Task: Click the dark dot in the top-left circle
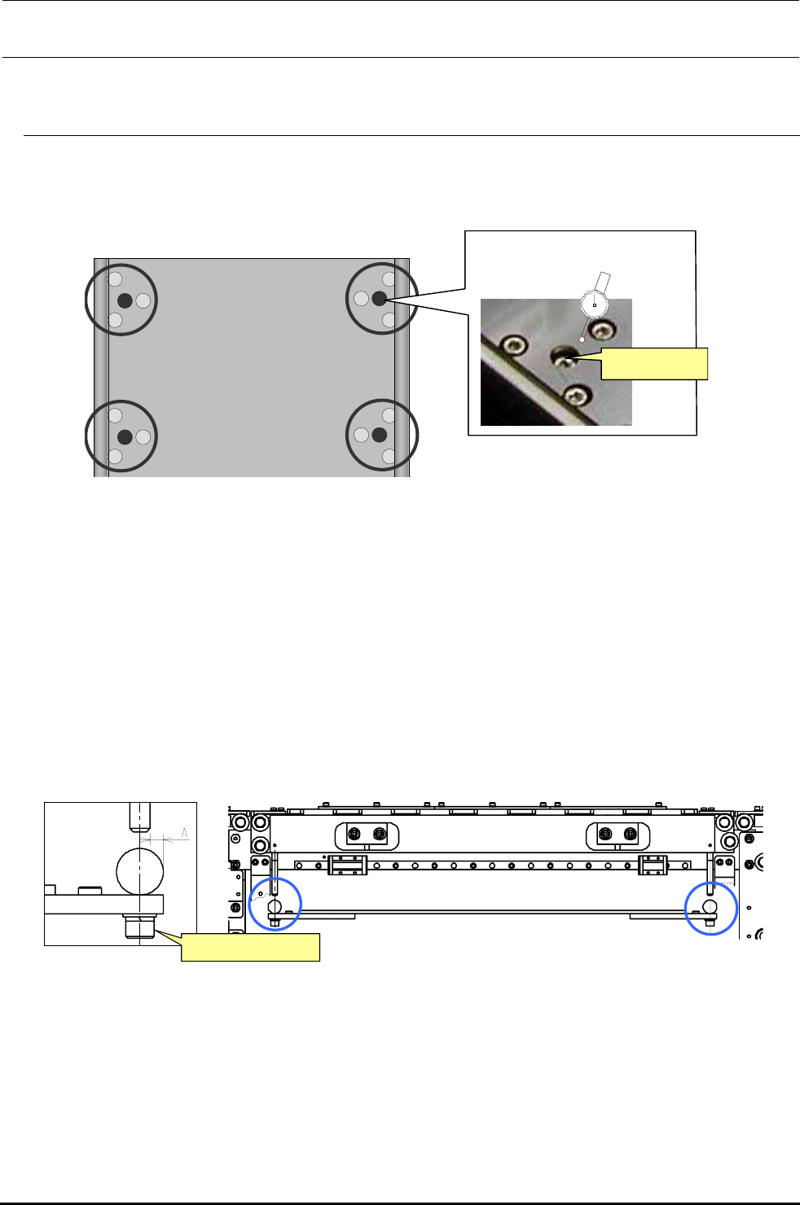click(124, 300)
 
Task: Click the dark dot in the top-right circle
click(379, 299)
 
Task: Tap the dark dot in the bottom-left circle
click(124, 436)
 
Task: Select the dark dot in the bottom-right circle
click(379, 435)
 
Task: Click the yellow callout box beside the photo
click(654, 363)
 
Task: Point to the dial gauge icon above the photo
click(595, 305)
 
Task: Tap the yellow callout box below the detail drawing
click(250, 948)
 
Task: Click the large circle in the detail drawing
click(140, 870)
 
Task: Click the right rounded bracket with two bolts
click(617, 835)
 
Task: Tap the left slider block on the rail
click(347, 865)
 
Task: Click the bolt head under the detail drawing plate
click(140, 926)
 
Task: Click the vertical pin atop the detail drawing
click(140, 817)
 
